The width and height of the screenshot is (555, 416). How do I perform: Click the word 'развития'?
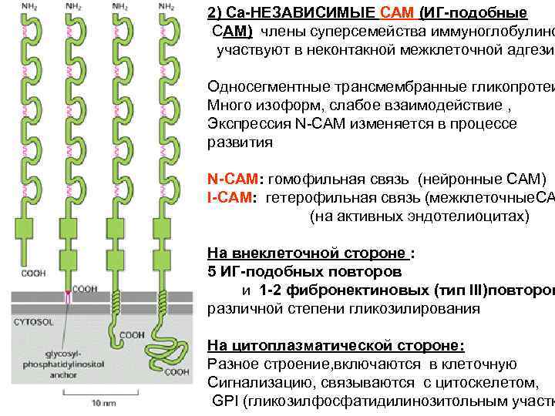click(x=240, y=143)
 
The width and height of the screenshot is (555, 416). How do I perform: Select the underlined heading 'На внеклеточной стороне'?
click(x=307, y=253)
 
